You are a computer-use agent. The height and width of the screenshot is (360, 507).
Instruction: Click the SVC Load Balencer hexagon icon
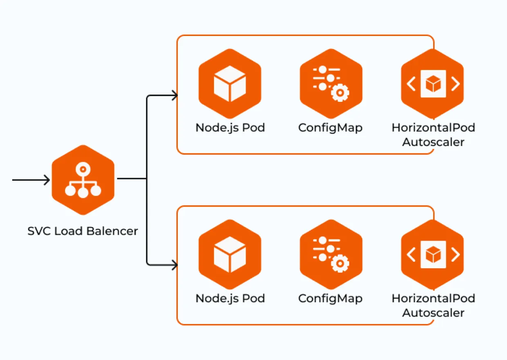coord(83,180)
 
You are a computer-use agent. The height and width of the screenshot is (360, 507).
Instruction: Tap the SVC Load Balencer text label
coord(83,231)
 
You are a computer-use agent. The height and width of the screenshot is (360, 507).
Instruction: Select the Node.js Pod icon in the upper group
coord(230,84)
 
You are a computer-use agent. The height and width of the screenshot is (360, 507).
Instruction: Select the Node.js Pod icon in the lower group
coord(230,254)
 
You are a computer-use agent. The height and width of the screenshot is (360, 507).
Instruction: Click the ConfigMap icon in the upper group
coord(331,84)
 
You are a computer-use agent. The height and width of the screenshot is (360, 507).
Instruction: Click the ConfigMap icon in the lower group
coord(331,254)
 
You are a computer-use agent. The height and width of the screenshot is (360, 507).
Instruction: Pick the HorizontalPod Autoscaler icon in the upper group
coord(433,84)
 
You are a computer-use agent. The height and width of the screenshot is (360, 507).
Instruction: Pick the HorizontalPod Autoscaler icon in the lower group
coord(433,254)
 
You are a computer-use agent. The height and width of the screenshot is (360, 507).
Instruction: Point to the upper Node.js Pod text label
coord(230,128)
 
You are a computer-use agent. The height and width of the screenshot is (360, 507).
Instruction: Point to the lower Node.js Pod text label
coord(230,298)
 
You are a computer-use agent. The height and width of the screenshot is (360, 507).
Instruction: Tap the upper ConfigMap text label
coord(330,128)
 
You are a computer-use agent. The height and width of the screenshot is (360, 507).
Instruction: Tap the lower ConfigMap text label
coord(330,298)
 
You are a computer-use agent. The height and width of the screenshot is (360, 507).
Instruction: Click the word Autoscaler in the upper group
coord(433,142)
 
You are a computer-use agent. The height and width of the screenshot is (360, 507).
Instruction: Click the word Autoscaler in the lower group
coord(433,313)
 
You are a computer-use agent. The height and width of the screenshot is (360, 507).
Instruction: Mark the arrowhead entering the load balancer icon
coord(47,180)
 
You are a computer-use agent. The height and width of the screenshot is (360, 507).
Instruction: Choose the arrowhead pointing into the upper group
coord(175,96)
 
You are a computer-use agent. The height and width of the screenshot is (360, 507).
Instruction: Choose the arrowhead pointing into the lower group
coord(175,265)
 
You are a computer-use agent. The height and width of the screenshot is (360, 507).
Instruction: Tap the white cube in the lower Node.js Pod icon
coord(230,254)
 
